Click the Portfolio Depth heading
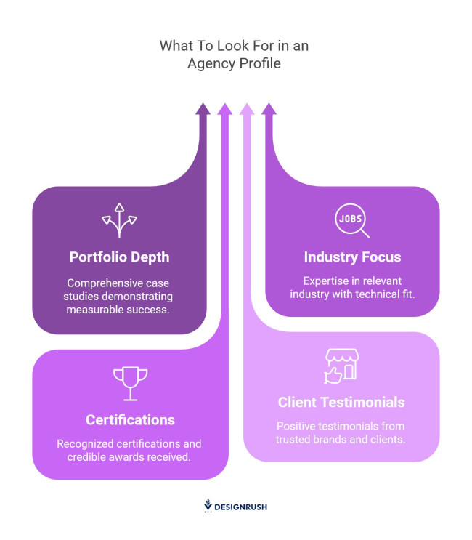pyautogui.click(x=119, y=257)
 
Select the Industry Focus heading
pyautogui.click(x=352, y=257)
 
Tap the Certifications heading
pyautogui.click(x=130, y=420)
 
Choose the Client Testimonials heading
pyautogui.click(x=341, y=402)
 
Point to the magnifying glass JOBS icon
pyautogui.click(x=352, y=221)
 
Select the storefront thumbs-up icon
pyautogui.click(x=341, y=366)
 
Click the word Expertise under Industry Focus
pyautogui.click(x=320, y=281)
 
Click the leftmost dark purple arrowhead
pyautogui.click(x=203, y=109)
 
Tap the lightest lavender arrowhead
pyautogui.click(x=247, y=109)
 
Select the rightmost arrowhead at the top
pyautogui.click(x=269, y=109)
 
